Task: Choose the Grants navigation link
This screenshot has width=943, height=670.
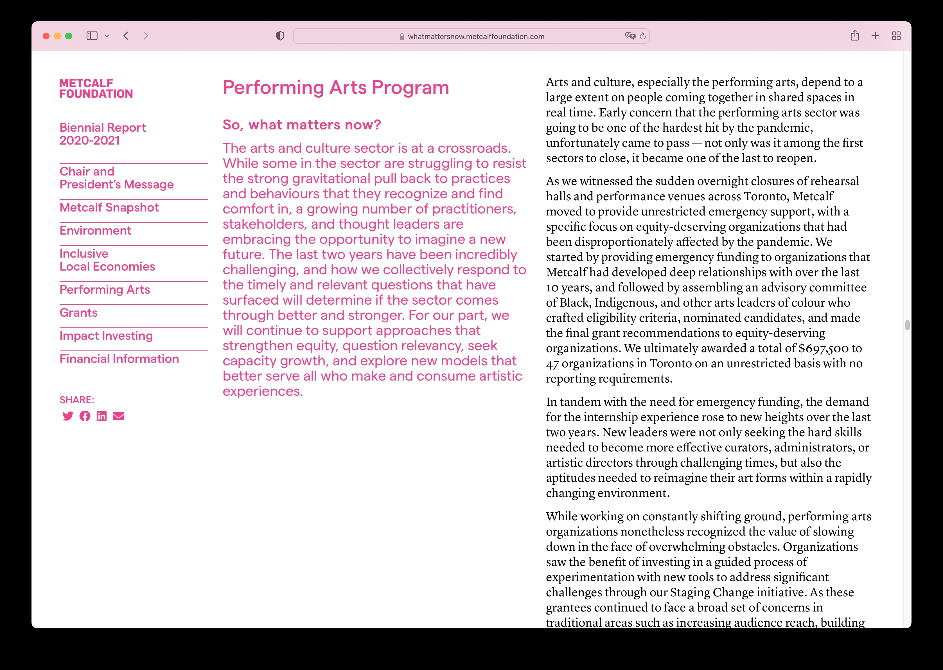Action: coord(78,313)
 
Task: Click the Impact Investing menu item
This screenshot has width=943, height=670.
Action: coord(106,336)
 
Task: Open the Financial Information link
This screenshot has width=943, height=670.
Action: coord(119,359)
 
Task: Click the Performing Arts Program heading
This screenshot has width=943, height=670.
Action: coord(336,87)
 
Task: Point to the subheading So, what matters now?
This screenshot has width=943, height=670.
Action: coord(301,125)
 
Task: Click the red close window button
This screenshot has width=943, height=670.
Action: coord(46,36)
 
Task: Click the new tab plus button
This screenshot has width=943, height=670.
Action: coord(875,36)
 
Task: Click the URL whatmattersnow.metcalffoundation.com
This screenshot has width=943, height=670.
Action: coord(476,37)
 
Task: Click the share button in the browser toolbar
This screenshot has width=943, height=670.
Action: coord(855,36)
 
